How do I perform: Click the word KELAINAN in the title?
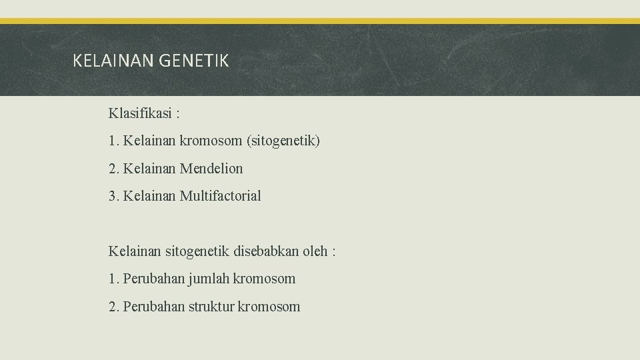pyautogui.click(x=113, y=61)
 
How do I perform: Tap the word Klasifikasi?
pyautogui.click(x=139, y=113)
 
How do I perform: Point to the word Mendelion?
pyautogui.click(x=211, y=169)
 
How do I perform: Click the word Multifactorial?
pyautogui.click(x=221, y=196)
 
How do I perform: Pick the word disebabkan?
pyautogui.click(x=265, y=251)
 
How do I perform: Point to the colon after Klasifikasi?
pyautogui.click(x=177, y=114)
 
